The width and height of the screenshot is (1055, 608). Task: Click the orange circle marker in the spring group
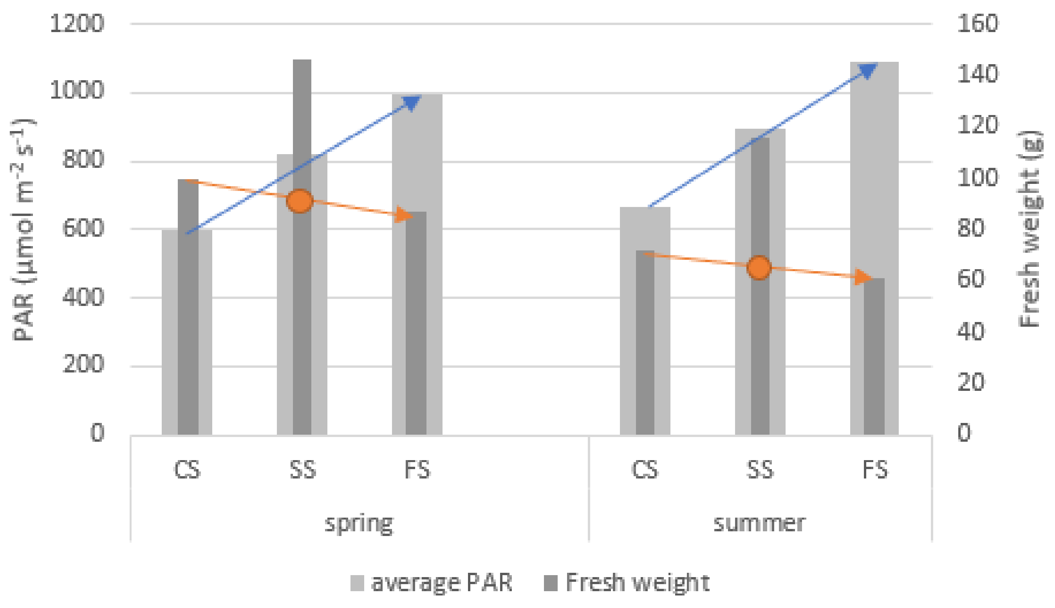point(300,201)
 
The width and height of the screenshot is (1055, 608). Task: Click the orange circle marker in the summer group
point(759,267)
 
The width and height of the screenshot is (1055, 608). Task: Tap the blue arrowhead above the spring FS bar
point(411,103)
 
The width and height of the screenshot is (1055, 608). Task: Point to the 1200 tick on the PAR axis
point(77,23)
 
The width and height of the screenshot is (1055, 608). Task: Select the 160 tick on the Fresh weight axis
point(977,23)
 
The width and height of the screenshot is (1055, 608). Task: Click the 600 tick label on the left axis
point(83,228)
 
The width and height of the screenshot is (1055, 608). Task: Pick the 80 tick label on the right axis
point(970,228)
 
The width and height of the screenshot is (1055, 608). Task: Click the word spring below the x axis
point(359,523)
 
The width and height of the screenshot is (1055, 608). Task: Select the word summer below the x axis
point(759,523)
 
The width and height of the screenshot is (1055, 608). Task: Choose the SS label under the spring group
point(303,469)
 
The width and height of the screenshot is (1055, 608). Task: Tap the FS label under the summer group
point(874,469)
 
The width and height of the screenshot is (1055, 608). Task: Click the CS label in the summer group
point(645,469)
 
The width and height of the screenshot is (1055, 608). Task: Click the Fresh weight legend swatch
point(551,583)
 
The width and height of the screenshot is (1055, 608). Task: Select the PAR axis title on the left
point(23,230)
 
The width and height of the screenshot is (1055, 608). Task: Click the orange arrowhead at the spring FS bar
point(405,215)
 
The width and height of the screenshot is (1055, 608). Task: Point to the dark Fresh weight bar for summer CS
point(645,342)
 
